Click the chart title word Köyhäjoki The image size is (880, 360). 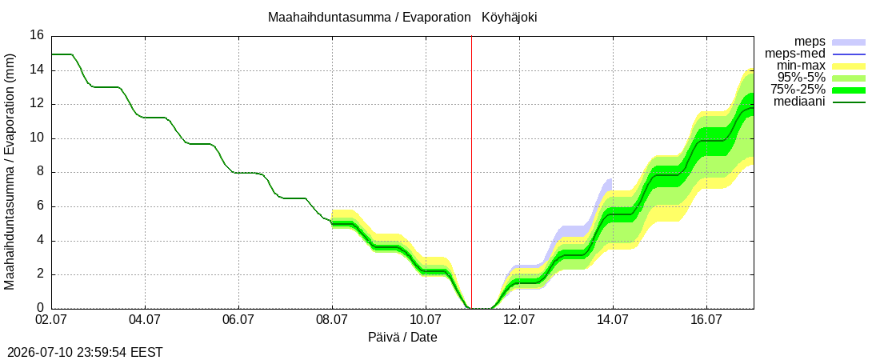[509, 18]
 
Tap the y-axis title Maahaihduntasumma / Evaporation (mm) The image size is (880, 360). [10, 172]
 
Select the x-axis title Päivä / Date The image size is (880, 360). [402, 338]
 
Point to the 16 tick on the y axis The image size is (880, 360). [37, 35]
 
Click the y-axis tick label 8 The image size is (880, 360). [41, 173]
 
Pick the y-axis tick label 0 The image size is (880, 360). [41, 308]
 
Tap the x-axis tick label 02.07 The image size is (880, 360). [52, 322]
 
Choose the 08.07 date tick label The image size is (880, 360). [332, 322]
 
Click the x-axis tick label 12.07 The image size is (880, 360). [519, 322]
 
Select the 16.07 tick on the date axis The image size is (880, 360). [706, 322]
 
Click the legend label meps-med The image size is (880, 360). [794, 54]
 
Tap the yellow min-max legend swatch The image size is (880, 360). [849, 66]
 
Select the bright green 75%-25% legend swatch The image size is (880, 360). [849, 90]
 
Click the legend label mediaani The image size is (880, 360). [799, 102]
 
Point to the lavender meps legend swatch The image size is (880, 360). [849, 42]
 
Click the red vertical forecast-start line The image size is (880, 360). [471, 172]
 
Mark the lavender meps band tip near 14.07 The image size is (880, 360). [610, 179]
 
